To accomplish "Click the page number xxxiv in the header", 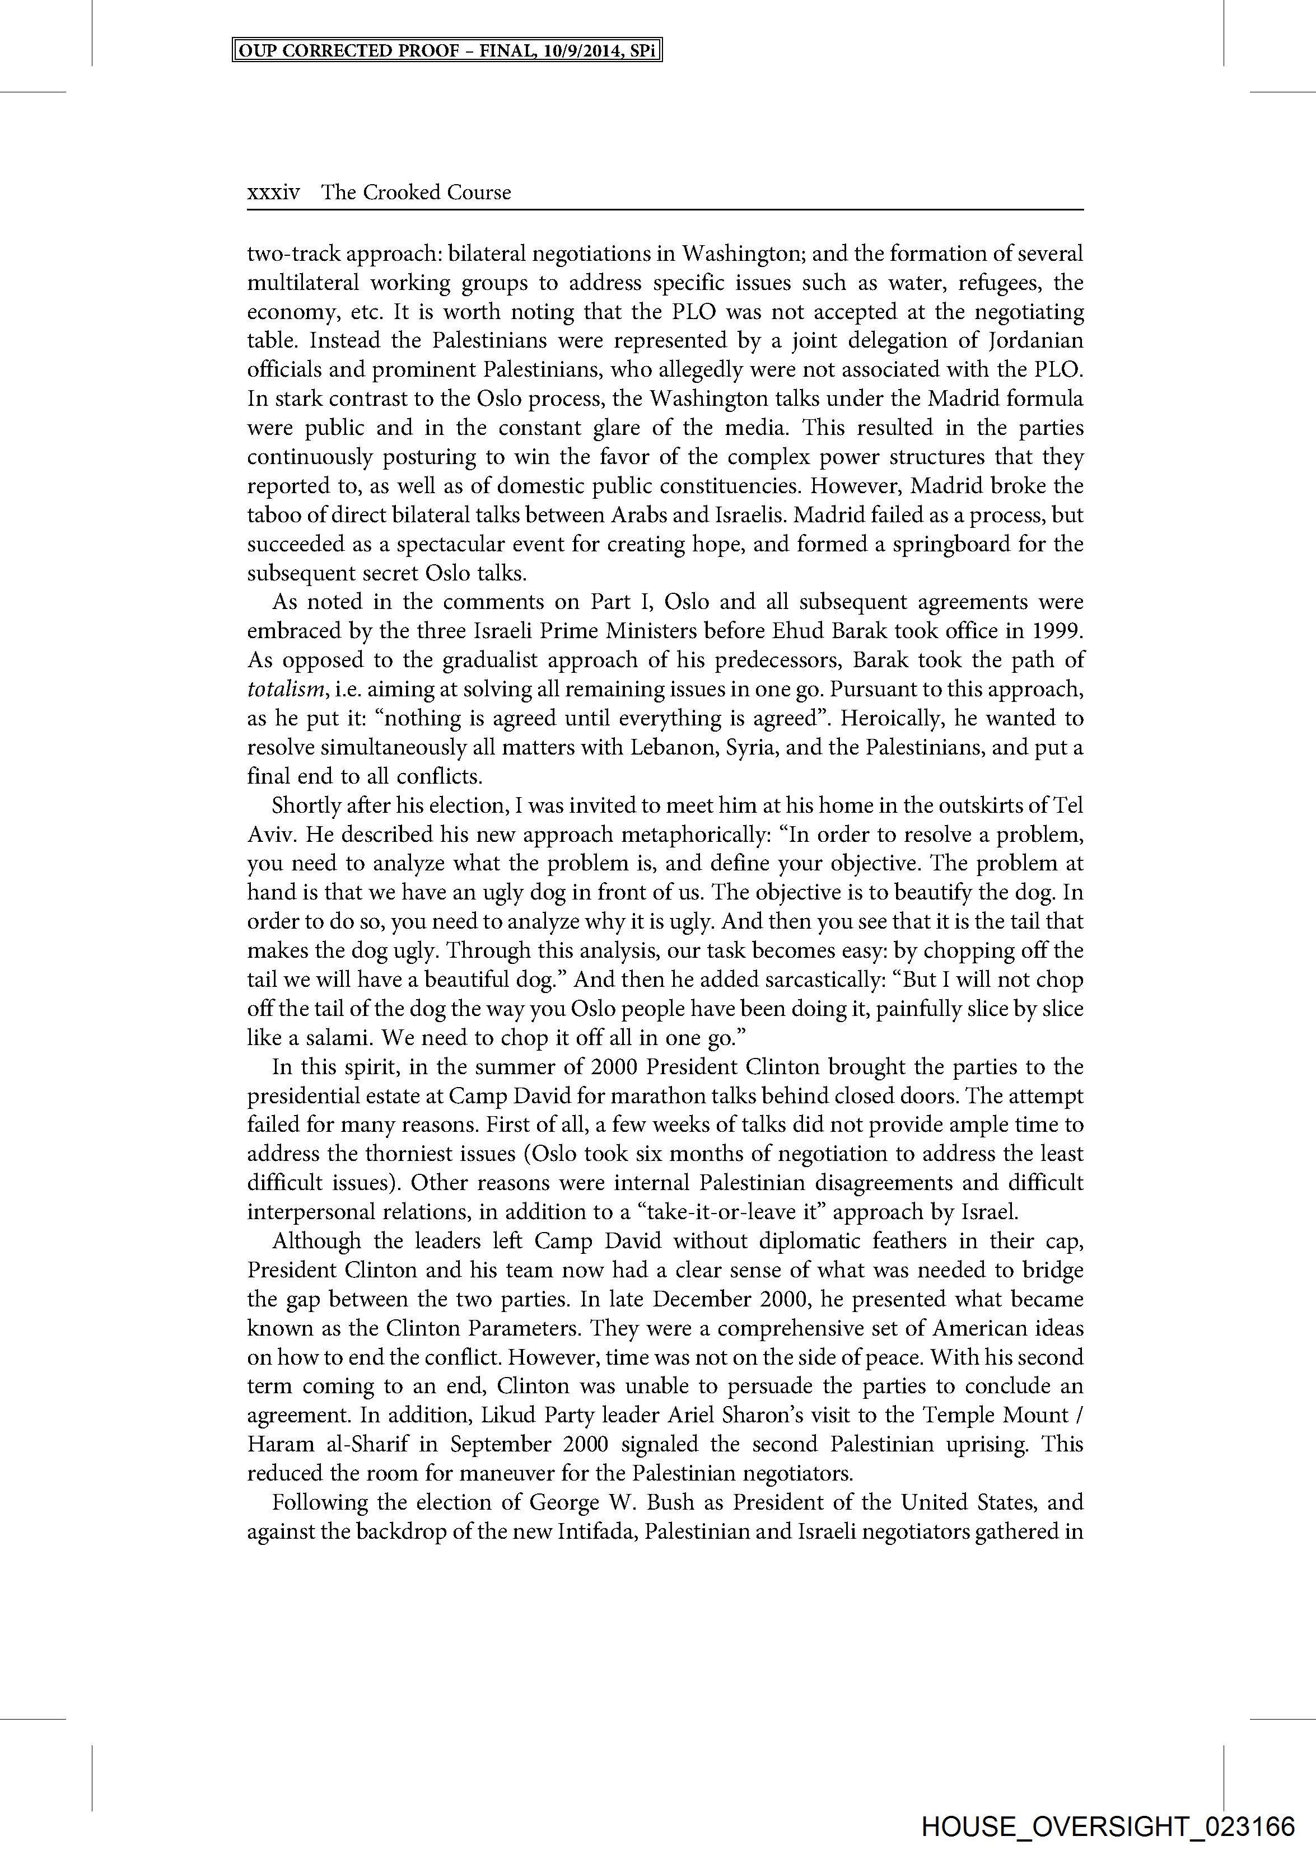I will pyautogui.click(x=273, y=193).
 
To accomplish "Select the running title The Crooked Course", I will pyautogui.click(x=416, y=193).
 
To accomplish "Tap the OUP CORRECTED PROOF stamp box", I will pyautogui.click(x=447, y=51).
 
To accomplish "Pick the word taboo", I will pyautogui.click(x=272, y=515).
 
